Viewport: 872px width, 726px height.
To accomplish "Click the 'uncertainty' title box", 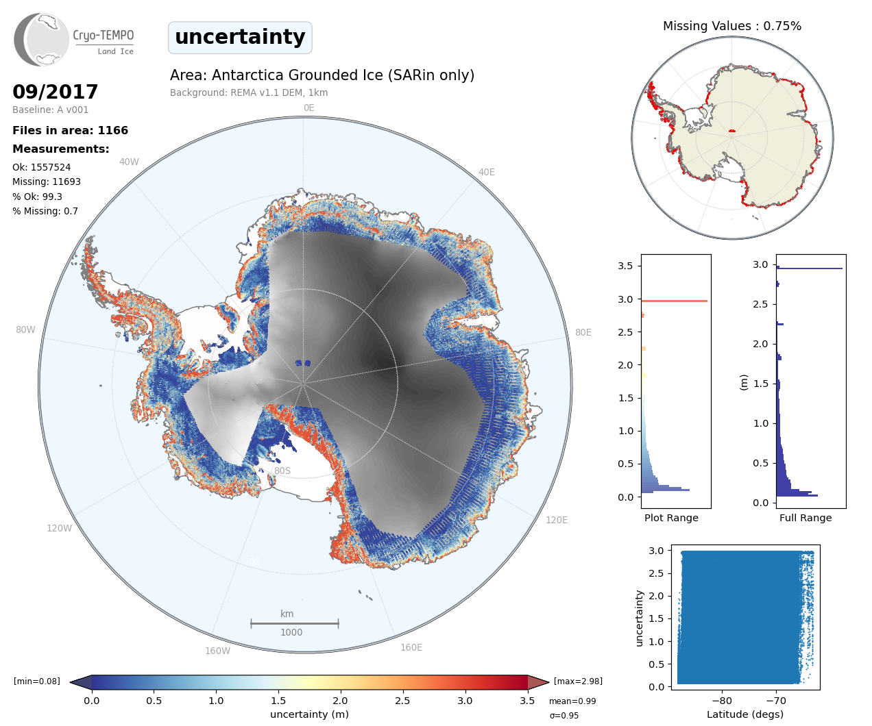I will click(x=240, y=37).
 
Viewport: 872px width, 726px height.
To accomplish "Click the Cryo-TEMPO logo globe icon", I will click(x=41, y=40).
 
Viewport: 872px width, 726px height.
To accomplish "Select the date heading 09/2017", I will click(x=56, y=92).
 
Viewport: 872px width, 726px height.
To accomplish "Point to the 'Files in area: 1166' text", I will click(x=70, y=130).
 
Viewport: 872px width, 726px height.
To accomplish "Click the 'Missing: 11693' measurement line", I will click(x=47, y=181).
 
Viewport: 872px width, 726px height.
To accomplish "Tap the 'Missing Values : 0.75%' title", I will click(x=731, y=26).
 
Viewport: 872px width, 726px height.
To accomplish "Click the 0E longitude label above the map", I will click(x=308, y=108).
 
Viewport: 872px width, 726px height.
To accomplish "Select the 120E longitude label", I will click(x=557, y=520).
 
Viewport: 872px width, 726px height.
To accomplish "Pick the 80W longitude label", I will click(x=25, y=329).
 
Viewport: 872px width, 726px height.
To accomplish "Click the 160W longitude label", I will click(x=217, y=651).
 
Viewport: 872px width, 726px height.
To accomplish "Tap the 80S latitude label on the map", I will click(x=282, y=471).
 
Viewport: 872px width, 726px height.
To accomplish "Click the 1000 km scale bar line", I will click(x=295, y=623).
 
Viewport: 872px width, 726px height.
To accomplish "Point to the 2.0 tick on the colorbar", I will click(x=340, y=701).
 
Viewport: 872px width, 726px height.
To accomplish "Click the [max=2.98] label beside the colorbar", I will click(x=578, y=681).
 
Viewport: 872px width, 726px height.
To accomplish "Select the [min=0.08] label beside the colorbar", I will click(x=37, y=681).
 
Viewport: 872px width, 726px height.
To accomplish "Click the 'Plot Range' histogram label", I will click(x=671, y=518).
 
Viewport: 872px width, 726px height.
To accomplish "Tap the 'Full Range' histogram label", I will click(x=806, y=518).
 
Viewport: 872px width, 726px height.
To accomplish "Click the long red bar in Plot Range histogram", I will click(x=674, y=301).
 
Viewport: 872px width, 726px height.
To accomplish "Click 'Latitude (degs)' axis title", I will click(x=745, y=714).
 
